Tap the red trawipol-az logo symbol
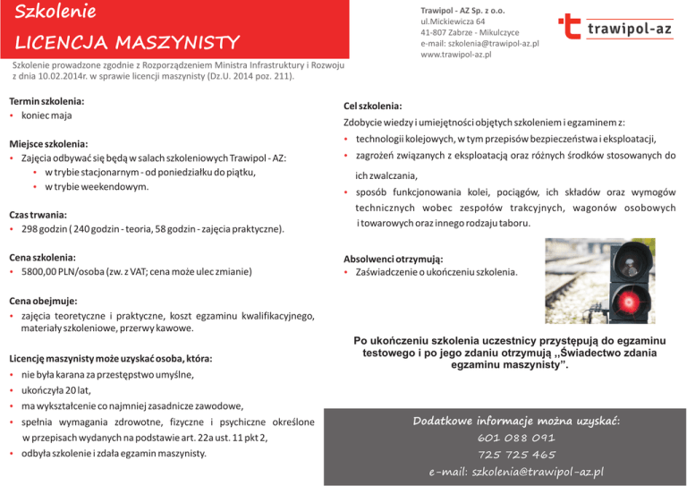(571, 28)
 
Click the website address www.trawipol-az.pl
(456, 55)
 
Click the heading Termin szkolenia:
(46, 101)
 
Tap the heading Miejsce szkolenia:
(48, 143)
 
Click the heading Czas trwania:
(38, 215)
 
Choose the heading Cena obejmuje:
(43, 301)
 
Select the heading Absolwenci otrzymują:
(394, 258)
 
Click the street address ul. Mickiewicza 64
(454, 20)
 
